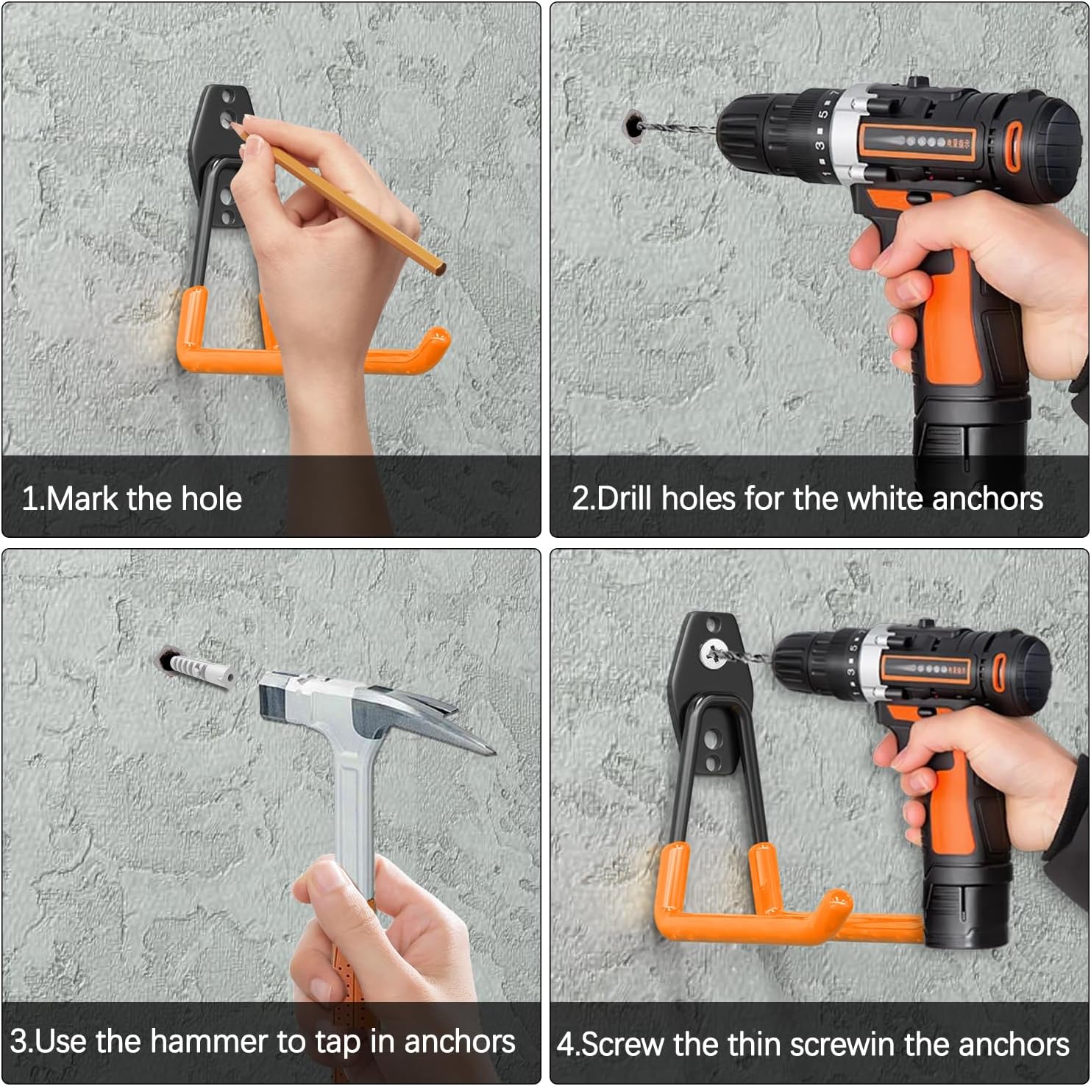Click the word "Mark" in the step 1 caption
(x=81, y=499)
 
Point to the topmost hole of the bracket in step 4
(x=711, y=625)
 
